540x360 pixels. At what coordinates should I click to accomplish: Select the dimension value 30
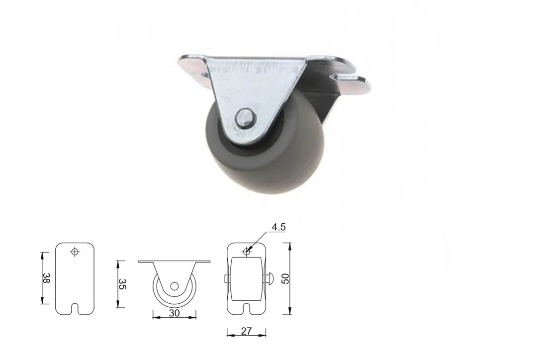pyautogui.click(x=174, y=313)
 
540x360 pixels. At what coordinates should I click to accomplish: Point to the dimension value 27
pyautogui.click(x=246, y=331)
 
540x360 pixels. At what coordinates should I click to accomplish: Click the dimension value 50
pyautogui.click(x=285, y=278)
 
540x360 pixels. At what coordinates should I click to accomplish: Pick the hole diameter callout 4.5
pyautogui.click(x=278, y=227)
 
